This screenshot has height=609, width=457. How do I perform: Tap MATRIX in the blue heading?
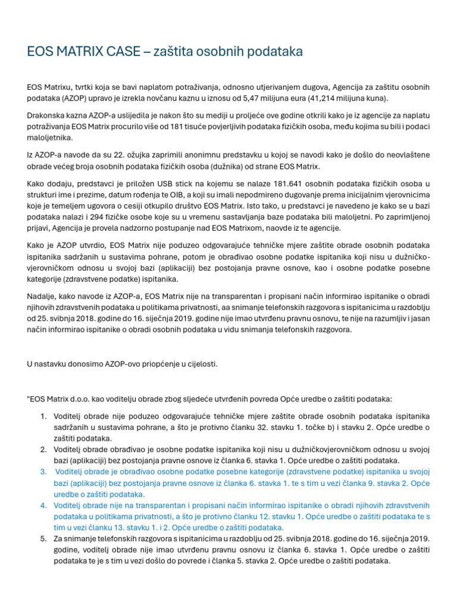(x=83, y=52)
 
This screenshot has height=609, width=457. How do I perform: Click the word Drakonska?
(x=47, y=115)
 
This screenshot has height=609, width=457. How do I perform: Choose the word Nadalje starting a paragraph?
(x=43, y=296)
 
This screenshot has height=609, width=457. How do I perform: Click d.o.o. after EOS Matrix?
(x=90, y=398)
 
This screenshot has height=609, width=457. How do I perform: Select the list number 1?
(x=43, y=416)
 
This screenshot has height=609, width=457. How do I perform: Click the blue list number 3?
(x=43, y=472)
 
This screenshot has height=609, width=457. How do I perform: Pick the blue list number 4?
(x=43, y=505)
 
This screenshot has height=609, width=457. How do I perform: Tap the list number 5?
(x=43, y=538)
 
